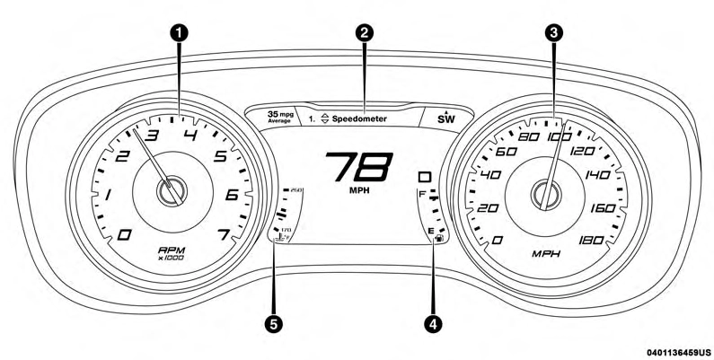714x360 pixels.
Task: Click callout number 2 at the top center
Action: pos(364,31)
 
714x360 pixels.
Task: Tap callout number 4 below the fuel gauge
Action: pos(436,322)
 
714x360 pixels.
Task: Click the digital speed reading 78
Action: pos(357,167)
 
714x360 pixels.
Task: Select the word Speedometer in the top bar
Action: pos(363,118)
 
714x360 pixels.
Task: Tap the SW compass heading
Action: pos(446,119)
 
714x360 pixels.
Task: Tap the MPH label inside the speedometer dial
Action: pos(545,254)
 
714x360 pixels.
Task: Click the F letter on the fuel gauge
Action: pos(421,194)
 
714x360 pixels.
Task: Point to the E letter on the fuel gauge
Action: pos(431,231)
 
